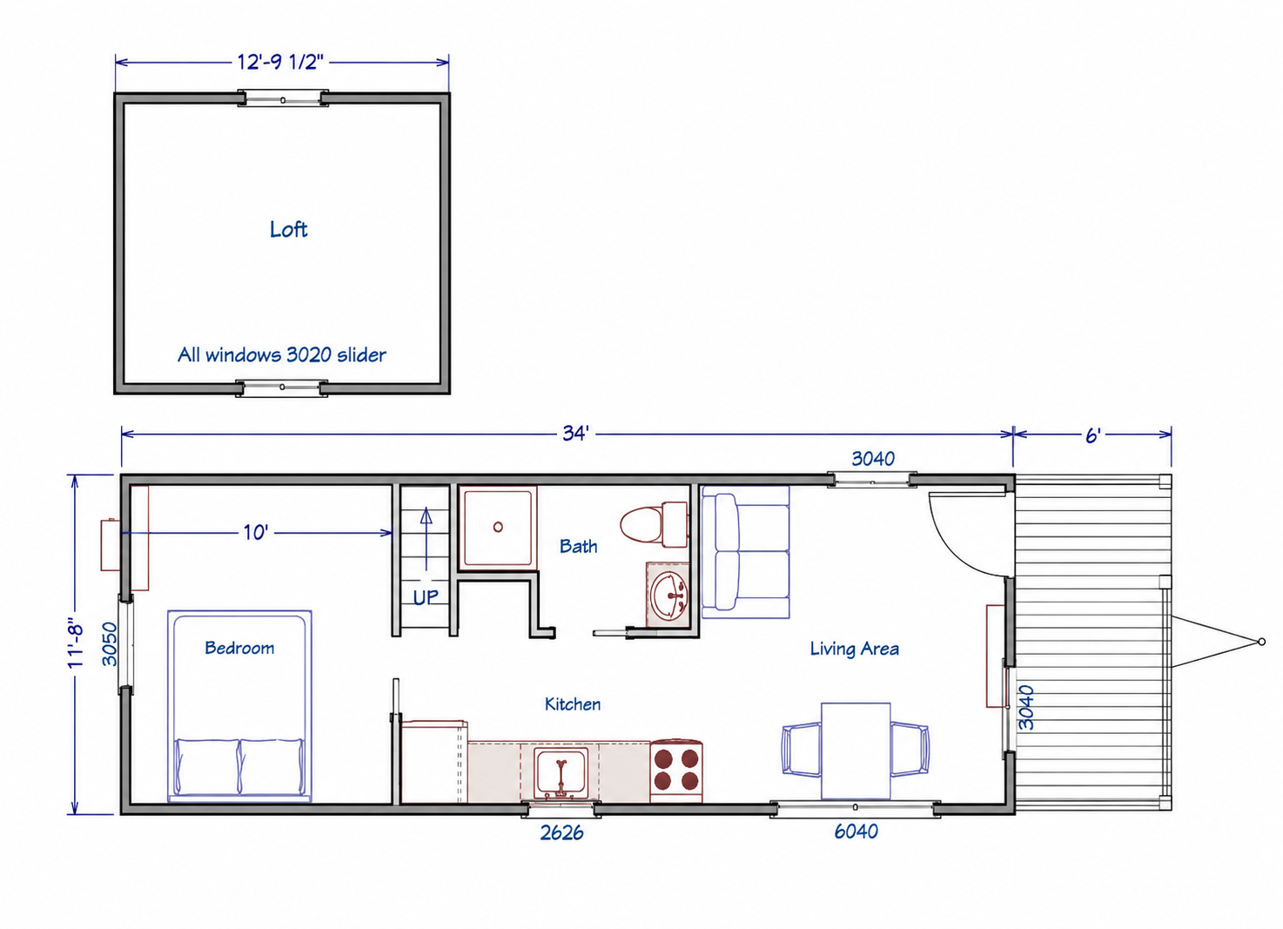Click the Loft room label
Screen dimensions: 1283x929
click(x=289, y=230)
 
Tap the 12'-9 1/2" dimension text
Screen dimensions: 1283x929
click(x=280, y=62)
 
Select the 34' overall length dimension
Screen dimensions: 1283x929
click(x=575, y=434)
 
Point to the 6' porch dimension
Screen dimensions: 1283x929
click(x=1093, y=435)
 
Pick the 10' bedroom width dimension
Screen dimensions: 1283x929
click(x=255, y=533)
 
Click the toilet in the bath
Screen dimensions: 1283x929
click(x=654, y=524)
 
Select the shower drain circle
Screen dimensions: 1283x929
click(x=498, y=527)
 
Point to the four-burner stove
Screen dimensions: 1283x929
click(x=675, y=771)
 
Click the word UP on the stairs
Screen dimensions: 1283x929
click(x=426, y=598)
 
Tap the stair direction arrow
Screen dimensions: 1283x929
click(x=427, y=539)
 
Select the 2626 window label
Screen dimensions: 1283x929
click(x=561, y=832)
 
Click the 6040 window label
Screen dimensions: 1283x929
click(x=856, y=831)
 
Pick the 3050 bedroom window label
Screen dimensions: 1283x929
click(x=110, y=644)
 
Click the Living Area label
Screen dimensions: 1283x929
click(x=854, y=649)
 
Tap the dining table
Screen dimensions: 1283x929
click(x=856, y=751)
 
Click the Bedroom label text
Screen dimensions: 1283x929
click(x=239, y=648)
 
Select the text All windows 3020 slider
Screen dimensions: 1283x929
click(x=282, y=354)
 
